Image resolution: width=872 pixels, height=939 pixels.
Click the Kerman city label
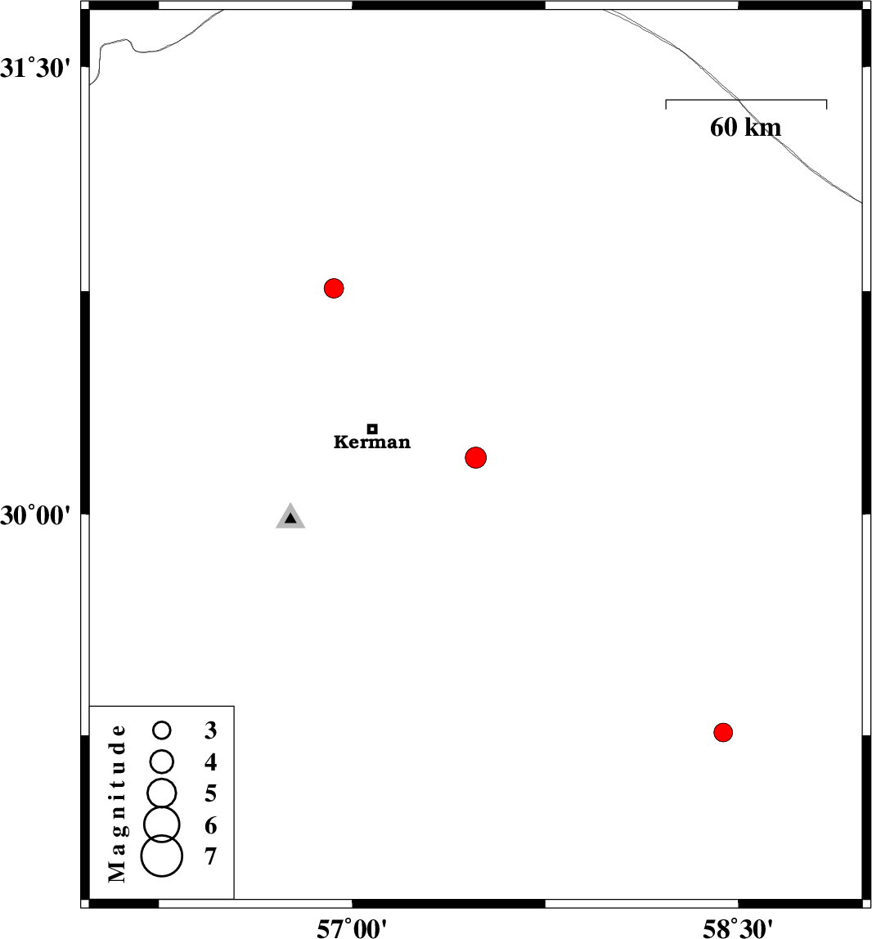click(372, 443)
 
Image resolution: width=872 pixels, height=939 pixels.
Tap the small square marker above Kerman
click(372, 429)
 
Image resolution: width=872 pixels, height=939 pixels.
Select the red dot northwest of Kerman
click(334, 288)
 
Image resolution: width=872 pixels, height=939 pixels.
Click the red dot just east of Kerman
click(476, 457)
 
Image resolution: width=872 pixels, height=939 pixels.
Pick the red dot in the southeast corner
click(722, 732)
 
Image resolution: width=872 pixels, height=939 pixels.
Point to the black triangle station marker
click(290, 518)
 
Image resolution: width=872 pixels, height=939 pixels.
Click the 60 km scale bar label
click(745, 128)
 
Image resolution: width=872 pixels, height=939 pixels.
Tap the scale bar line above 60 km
click(746, 101)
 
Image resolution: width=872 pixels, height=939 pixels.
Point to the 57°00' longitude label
click(352, 926)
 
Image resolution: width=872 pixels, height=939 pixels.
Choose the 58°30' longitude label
click(738, 926)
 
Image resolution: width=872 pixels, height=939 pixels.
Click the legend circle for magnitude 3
click(162, 729)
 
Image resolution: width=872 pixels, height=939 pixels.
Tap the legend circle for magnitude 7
click(162, 856)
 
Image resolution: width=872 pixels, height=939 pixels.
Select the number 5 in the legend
click(211, 793)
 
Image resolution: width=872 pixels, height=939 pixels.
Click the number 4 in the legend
click(211, 762)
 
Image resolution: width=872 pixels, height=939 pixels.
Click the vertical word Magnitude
click(119, 803)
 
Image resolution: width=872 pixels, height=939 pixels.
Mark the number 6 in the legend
click(211, 825)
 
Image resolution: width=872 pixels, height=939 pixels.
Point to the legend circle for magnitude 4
click(162, 762)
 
